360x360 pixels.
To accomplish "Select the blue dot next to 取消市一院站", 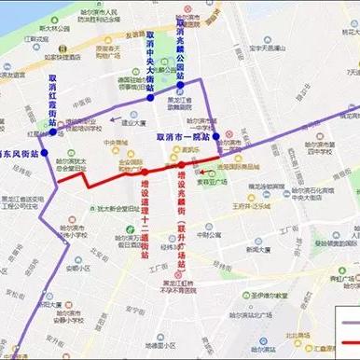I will point(215,137).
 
